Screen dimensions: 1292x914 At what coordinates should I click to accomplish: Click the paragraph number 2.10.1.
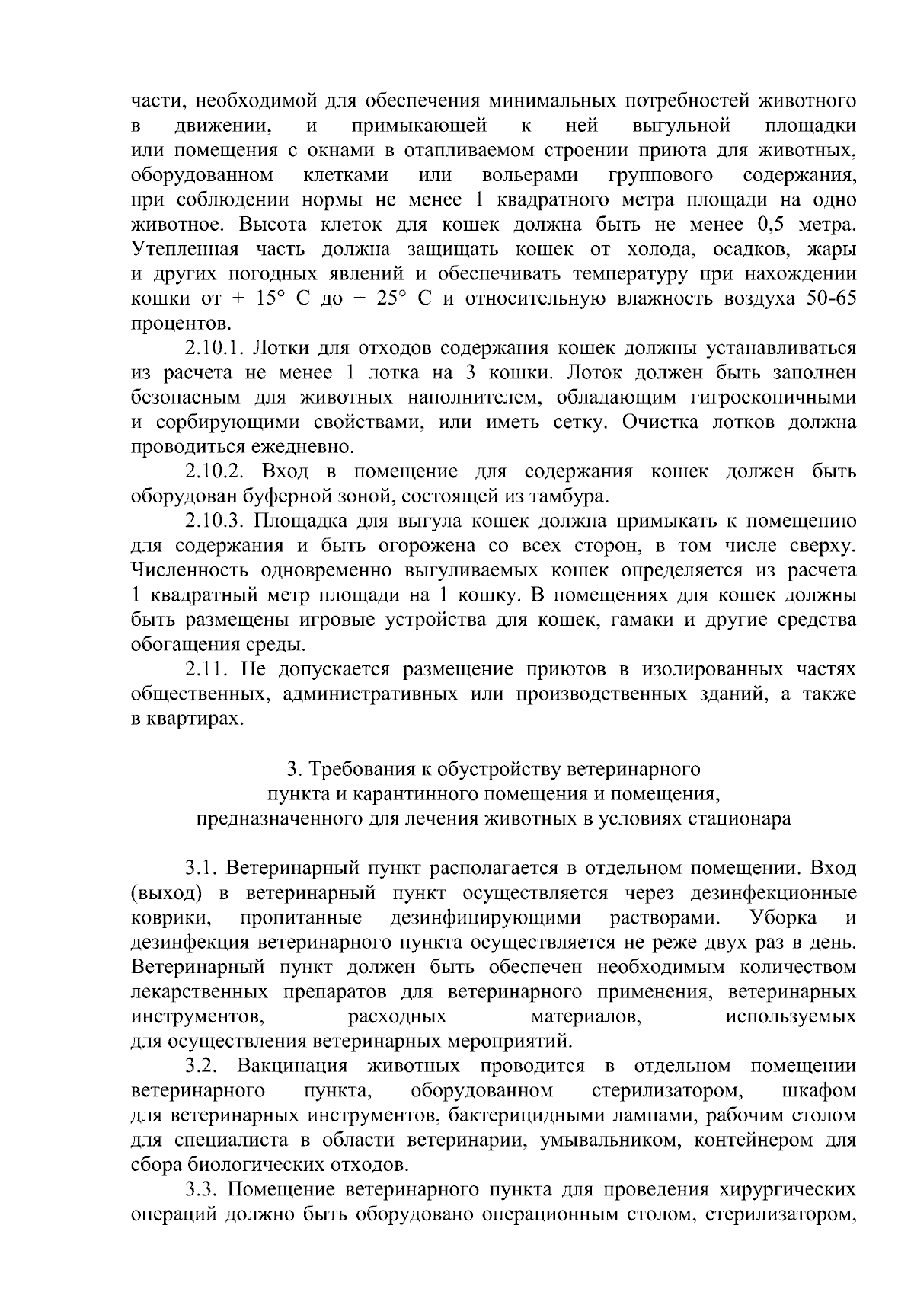(x=214, y=349)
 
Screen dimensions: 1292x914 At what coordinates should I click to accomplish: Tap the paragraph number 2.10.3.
(x=214, y=522)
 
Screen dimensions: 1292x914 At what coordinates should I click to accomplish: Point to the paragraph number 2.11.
(x=206, y=670)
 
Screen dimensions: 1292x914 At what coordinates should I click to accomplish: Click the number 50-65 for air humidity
(x=829, y=299)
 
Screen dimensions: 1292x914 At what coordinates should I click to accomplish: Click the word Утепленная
(x=185, y=250)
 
